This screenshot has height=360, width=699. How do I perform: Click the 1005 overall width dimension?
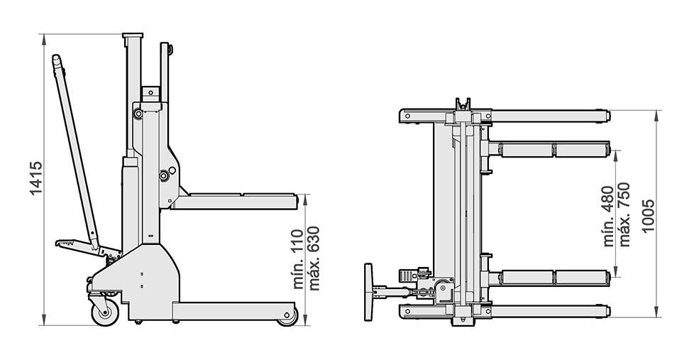(646, 214)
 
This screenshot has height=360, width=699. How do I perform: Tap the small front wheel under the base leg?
(287, 316)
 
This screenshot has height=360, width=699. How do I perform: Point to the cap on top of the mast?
(132, 36)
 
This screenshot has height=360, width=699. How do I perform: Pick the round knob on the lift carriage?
(165, 175)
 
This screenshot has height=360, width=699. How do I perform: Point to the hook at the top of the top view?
(463, 104)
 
